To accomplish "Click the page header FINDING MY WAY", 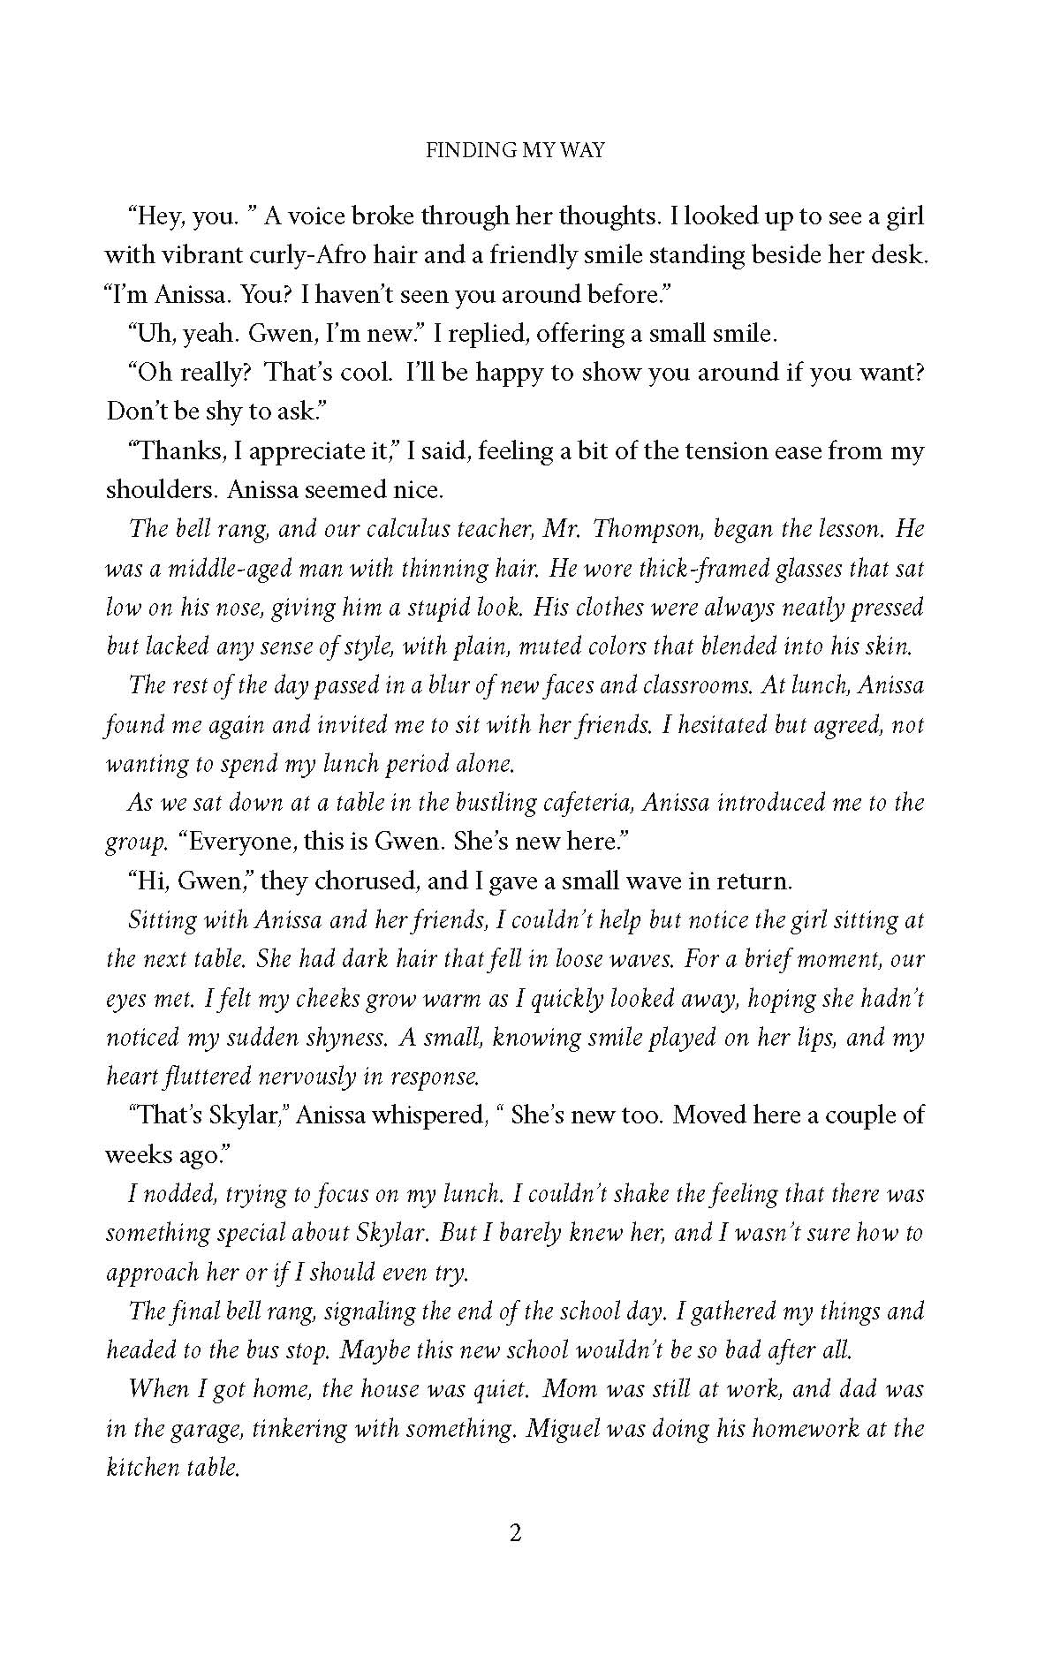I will [516, 151].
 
